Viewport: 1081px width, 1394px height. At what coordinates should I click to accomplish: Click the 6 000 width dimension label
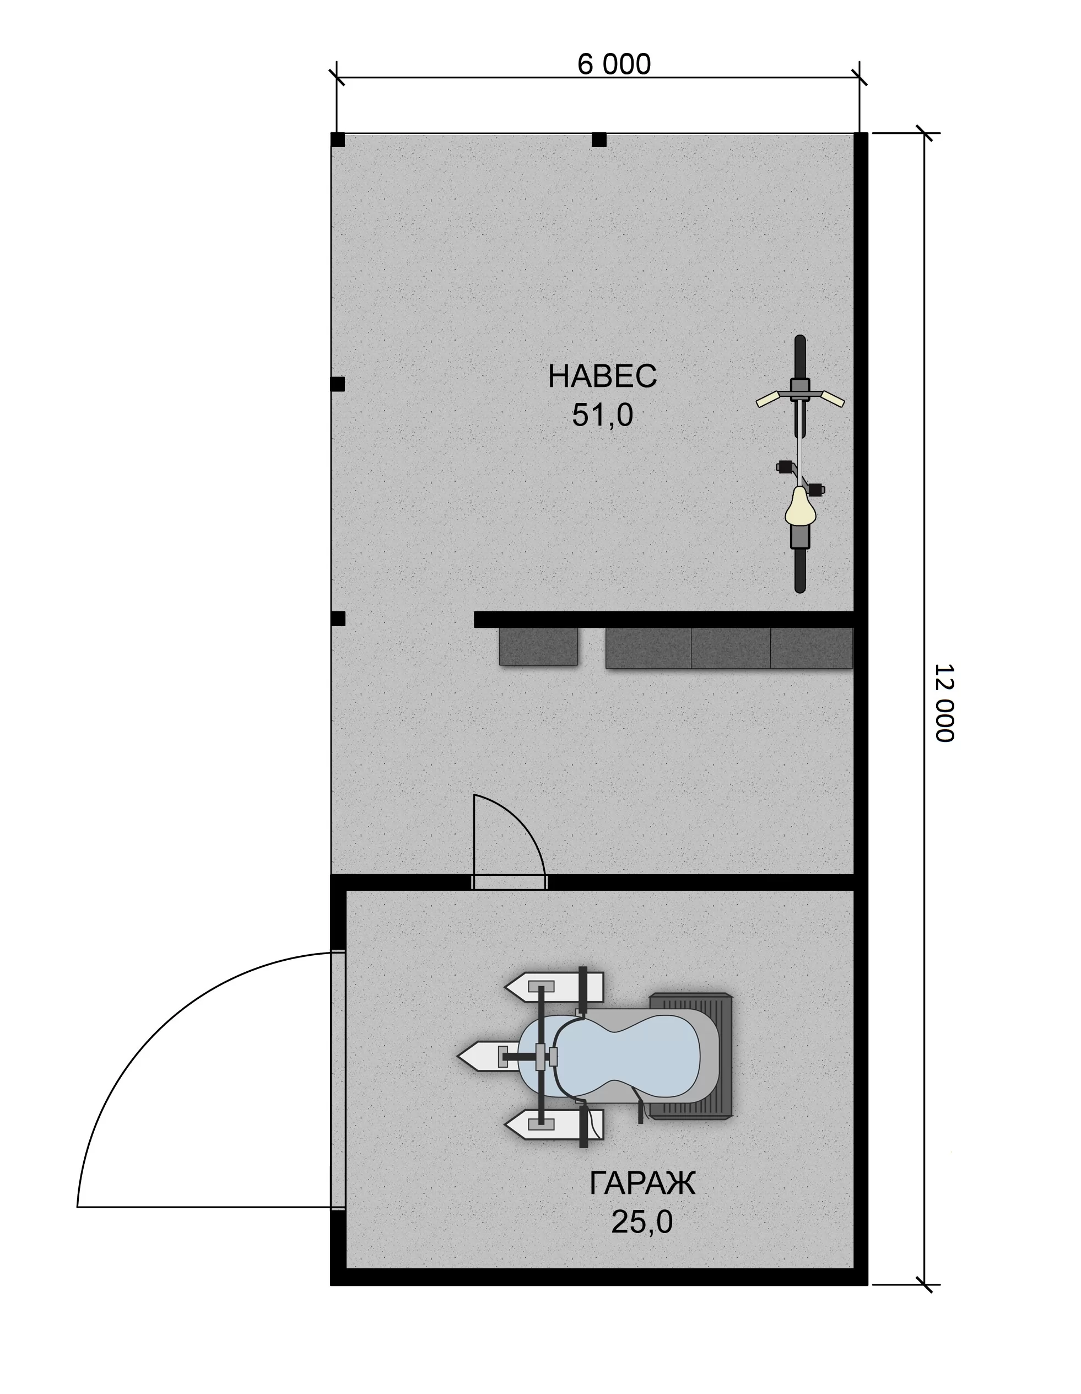click(614, 64)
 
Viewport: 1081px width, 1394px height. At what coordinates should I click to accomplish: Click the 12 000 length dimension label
click(944, 703)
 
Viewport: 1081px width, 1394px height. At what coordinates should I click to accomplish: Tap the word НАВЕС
click(602, 376)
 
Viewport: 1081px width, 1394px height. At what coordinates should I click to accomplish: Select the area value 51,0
click(602, 415)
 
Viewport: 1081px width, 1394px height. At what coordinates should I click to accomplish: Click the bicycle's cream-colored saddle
click(800, 506)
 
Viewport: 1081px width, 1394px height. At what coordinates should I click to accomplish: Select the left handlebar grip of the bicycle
click(767, 399)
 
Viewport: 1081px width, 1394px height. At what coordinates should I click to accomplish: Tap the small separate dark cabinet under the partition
click(538, 646)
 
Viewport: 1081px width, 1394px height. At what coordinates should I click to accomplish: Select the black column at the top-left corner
click(338, 140)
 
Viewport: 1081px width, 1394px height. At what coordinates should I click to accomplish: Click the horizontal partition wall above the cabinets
click(664, 619)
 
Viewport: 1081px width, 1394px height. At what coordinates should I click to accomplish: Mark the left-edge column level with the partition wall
click(338, 618)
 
